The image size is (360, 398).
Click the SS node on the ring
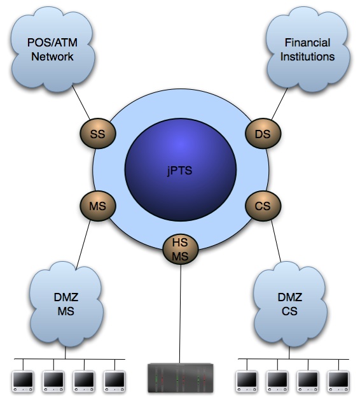pyautogui.click(x=98, y=134)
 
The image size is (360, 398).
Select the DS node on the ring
pyautogui.click(x=263, y=134)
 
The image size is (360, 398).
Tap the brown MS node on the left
pyautogui.click(x=98, y=206)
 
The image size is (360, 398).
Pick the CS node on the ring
pyautogui.click(x=263, y=206)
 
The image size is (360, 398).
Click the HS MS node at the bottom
pyautogui.click(x=180, y=249)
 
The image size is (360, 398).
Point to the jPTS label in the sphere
pyautogui.click(x=180, y=170)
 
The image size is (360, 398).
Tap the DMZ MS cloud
pyautogui.click(x=66, y=304)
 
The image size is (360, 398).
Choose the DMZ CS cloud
pyautogui.click(x=290, y=304)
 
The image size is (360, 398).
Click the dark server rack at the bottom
pyautogui.click(x=181, y=378)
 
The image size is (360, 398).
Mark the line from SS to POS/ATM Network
pyautogui.click(x=81, y=103)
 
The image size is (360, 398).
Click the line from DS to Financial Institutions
pyautogui.click(x=280, y=104)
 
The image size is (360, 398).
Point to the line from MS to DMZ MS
pyautogui.click(x=83, y=245)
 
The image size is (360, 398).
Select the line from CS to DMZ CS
pyautogui.click(x=276, y=241)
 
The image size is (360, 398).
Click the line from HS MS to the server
pyautogui.click(x=180, y=314)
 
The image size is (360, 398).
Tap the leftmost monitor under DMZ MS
pyautogui.click(x=23, y=381)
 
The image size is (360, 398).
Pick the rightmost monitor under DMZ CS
pyautogui.click(x=339, y=381)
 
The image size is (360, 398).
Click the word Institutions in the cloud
pyautogui.click(x=307, y=56)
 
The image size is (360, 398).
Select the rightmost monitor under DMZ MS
pyautogui.click(x=114, y=381)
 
